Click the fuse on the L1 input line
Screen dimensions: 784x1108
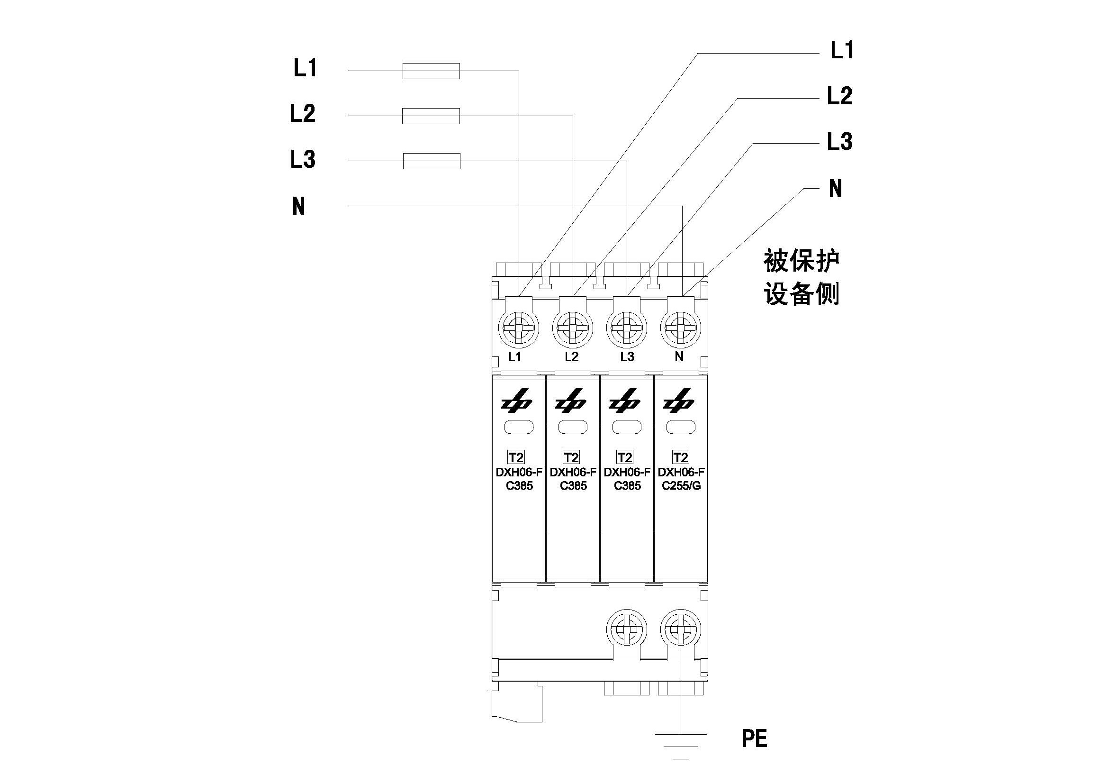click(x=431, y=71)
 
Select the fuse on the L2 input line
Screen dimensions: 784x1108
click(x=431, y=116)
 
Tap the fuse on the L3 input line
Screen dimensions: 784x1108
click(x=431, y=161)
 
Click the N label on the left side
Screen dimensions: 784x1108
click(x=299, y=206)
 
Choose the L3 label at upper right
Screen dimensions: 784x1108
click(x=840, y=142)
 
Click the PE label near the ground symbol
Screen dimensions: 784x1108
click(x=754, y=738)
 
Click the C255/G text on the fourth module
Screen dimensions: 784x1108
click(x=681, y=486)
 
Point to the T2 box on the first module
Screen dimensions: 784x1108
click(x=516, y=457)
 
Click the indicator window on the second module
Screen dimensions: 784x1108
click(x=573, y=427)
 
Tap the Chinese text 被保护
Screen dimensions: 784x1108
click(x=802, y=261)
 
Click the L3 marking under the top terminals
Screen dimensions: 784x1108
click(x=627, y=357)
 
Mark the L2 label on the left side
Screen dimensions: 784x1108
click(x=303, y=113)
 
